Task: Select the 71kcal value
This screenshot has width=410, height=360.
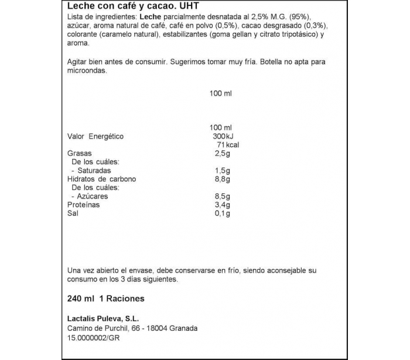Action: (228, 145)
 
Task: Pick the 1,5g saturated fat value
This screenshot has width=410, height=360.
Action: (223, 171)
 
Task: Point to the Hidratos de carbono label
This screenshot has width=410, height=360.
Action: (102, 179)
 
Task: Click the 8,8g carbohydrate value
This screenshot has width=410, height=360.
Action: (223, 179)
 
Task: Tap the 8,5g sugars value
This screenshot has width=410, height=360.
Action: (223, 196)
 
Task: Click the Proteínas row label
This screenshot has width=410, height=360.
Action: (84, 205)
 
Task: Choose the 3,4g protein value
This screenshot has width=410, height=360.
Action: (223, 205)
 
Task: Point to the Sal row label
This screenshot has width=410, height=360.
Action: (73, 213)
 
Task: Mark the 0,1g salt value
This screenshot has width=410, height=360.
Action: (223, 213)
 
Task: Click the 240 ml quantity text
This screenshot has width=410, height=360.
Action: (81, 298)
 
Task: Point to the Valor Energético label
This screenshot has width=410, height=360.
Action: (95, 137)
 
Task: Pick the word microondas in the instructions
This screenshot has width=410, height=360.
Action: (87, 70)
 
